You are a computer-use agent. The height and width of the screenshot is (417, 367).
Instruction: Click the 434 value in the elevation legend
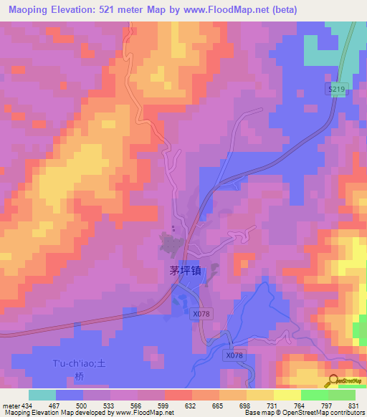pyautogui.click(x=27, y=405)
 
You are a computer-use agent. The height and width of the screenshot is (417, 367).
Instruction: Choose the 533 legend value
pyautogui.click(x=110, y=405)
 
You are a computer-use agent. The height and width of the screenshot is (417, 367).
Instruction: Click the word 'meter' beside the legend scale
pyautogui.click(x=9, y=405)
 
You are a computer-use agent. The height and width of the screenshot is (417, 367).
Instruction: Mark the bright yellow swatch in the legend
pyautogui.click(x=287, y=395)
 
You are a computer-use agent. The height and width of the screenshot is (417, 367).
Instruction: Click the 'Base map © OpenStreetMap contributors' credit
pyautogui.click(x=303, y=413)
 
